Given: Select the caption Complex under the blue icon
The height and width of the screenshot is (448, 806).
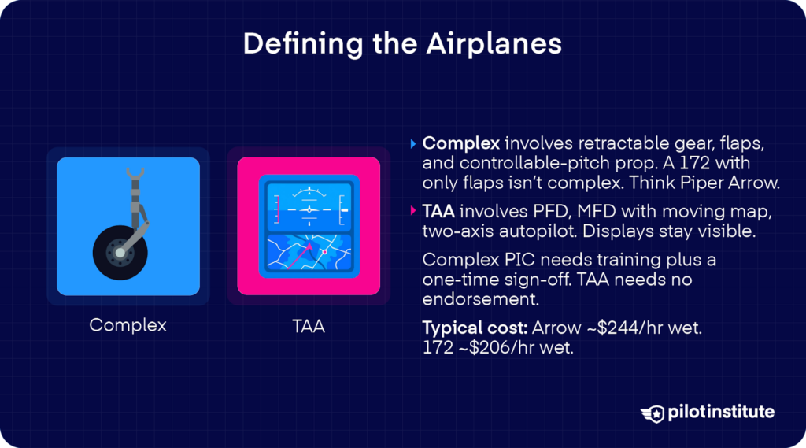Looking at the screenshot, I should (128, 324).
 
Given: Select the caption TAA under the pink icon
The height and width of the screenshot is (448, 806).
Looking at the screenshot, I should (308, 324).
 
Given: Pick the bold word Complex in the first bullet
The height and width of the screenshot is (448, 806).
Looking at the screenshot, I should (460, 144).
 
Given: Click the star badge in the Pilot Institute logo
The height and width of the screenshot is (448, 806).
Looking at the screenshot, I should (653, 413).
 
